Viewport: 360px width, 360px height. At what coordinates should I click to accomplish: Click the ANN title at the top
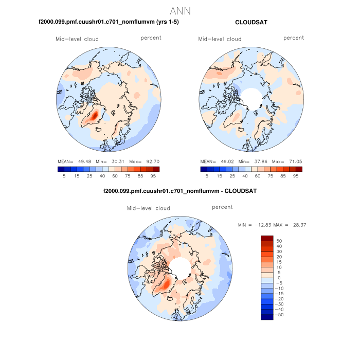(180, 10)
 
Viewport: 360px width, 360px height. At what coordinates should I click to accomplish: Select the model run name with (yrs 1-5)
(109, 22)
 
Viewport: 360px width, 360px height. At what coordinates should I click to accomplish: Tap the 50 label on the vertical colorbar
(279, 241)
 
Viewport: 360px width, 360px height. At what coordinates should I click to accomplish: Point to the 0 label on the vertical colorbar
(279, 278)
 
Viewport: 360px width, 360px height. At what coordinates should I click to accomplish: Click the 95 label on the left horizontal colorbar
(154, 176)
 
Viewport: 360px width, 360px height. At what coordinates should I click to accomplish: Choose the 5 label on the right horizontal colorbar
(207, 176)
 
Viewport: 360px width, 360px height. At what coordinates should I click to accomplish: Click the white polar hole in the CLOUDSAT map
(251, 96)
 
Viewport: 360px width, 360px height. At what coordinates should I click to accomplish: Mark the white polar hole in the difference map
(179, 266)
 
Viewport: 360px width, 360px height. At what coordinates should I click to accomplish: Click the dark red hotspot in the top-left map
(94, 117)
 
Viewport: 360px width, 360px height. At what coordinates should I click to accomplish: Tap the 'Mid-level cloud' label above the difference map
(148, 208)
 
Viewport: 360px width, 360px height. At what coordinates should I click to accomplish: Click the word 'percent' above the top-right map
(294, 38)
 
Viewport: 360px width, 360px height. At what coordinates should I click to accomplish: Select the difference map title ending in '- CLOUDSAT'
(180, 191)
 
